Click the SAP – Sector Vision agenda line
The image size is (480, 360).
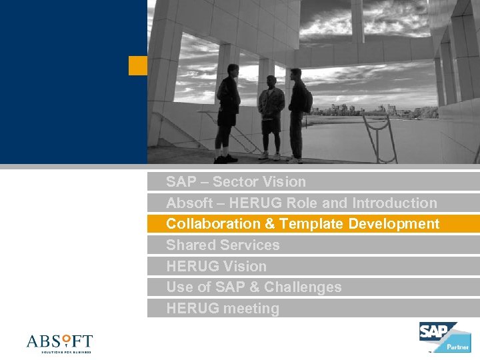coord(236,182)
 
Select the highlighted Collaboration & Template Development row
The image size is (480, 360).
coord(303,224)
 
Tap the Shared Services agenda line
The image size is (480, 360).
coord(223,245)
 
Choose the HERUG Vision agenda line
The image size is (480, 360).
coord(216,267)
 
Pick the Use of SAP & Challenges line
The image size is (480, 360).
coord(253,287)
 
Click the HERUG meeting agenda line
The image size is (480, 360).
coord(223,309)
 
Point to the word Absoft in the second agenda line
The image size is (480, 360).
coord(188,203)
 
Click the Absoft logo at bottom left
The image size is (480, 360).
coord(59,343)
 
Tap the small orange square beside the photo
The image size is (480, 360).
coord(137,65)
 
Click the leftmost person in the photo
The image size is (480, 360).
coord(227,117)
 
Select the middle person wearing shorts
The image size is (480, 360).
coord(271,117)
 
